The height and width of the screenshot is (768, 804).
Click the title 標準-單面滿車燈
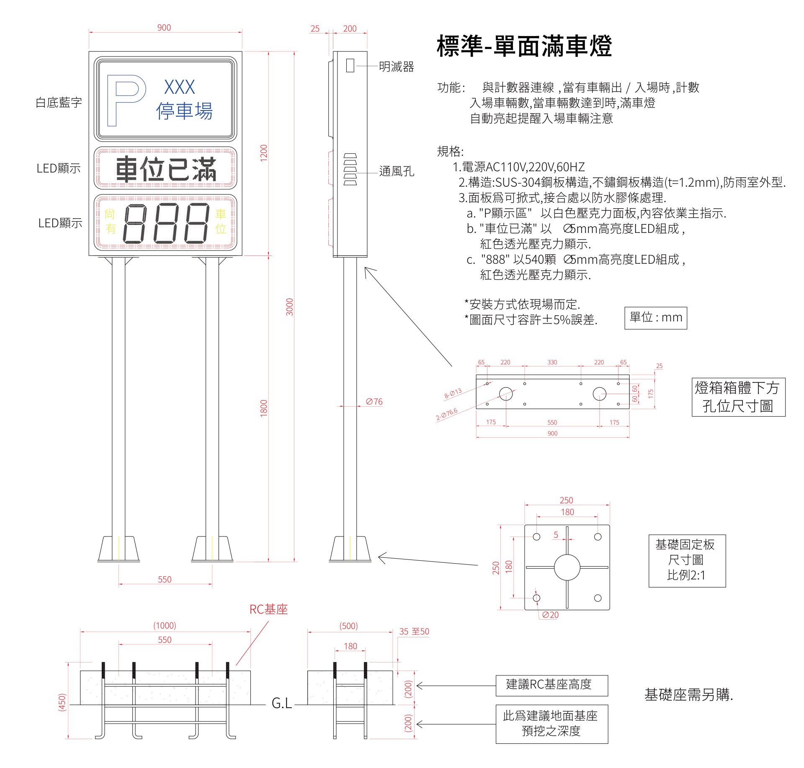coord(524,46)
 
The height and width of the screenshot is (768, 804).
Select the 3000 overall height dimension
coord(289,307)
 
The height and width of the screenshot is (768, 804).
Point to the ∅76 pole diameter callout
coord(374,402)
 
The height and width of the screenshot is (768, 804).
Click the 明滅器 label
coord(396,67)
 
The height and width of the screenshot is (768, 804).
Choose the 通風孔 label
coord(396,171)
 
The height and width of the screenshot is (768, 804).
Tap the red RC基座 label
coord(268,609)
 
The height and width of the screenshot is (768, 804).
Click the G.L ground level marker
coord(281,703)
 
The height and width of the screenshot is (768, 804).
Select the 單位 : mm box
coord(655,318)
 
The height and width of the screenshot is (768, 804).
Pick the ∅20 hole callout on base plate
coord(550,615)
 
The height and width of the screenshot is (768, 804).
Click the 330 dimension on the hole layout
coord(552,362)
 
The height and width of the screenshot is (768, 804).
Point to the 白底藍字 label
coord(59,103)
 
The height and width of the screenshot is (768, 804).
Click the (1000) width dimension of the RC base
coord(165,626)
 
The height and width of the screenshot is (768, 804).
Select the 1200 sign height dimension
coord(263,153)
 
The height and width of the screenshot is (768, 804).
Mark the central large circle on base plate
coord(567,567)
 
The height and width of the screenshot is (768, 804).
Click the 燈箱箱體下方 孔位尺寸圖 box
coord(738,397)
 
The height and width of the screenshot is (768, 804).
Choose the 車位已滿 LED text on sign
coord(166,169)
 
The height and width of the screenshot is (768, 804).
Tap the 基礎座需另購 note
coord(688,695)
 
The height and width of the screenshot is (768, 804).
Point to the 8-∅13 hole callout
coord(453,393)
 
